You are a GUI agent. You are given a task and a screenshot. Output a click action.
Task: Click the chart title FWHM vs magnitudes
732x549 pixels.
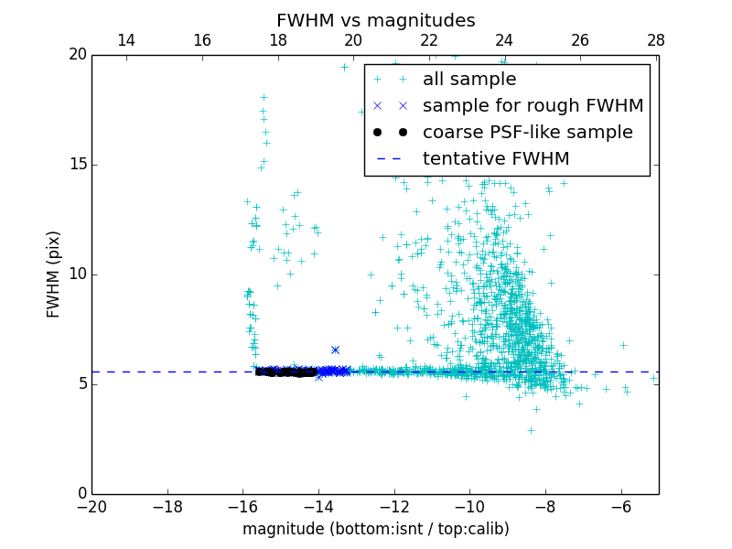[375, 20]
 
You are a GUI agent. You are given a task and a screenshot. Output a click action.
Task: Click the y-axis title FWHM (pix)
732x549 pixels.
[54, 274]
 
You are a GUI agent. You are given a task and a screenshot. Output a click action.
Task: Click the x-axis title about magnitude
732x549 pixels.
[375, 529]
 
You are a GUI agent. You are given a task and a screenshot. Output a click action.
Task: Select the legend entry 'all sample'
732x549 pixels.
[469, 80]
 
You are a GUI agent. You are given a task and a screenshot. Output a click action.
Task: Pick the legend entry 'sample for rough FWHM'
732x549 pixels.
[533, 105]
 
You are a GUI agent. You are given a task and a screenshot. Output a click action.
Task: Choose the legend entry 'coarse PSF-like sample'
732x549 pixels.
[527, 132]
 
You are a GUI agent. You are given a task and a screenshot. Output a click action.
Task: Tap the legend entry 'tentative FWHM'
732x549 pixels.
[496, 158]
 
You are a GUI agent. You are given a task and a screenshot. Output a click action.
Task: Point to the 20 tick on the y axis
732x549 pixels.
[76, 55]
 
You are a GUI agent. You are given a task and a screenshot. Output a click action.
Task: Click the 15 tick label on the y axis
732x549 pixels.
[76, 165]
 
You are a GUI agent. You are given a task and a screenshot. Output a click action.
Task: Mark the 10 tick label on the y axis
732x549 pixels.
[76, 274]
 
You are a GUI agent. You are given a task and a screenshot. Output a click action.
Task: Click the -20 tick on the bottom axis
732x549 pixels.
[91, 506]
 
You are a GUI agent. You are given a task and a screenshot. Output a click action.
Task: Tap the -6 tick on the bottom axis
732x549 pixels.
[621, 506]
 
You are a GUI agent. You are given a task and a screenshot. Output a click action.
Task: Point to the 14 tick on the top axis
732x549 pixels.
[126, 40]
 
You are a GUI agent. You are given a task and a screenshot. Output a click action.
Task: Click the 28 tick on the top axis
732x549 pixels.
[655, 40]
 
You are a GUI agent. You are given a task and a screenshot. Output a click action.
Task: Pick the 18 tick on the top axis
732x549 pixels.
[277, 40]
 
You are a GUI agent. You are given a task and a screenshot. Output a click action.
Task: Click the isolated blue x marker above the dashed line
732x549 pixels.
[335, 350]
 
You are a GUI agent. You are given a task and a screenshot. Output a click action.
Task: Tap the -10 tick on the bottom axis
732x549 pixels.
[469, 506]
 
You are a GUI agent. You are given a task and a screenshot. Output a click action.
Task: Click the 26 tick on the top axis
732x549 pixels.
[579, 40]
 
